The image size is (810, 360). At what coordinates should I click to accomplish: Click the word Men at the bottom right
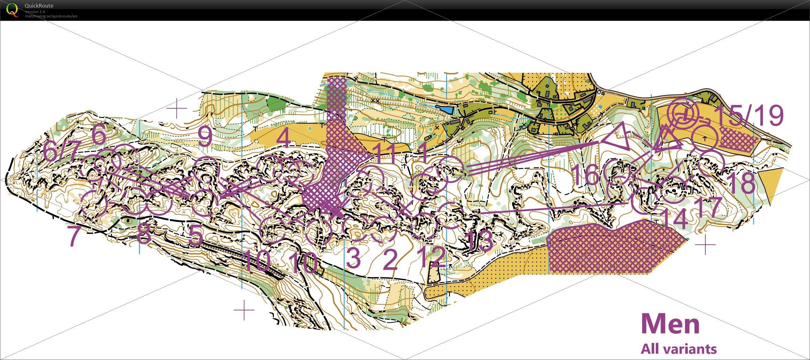[x=670, y=324]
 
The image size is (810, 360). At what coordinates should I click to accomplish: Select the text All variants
[x=679, y=349]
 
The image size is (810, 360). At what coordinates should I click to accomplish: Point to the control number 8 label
[x=144, y=235]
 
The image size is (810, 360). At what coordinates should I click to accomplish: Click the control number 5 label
[x=195, y=236]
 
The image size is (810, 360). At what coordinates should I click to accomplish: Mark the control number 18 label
[x=742, y=183]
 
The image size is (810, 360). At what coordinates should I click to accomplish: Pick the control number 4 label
[x=285, y=139]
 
